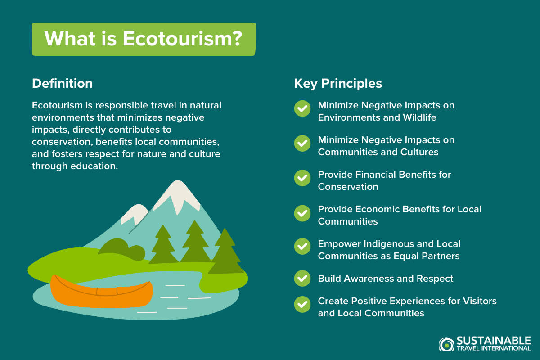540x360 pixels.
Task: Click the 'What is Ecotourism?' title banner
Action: [x=144, y=39]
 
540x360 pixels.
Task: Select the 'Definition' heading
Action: [x=62, y=83]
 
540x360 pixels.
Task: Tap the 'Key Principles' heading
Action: [x=338, y=83]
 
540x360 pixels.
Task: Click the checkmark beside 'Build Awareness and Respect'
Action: [x=302, y=279]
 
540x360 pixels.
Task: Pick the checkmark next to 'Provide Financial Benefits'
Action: [x=302, y=178]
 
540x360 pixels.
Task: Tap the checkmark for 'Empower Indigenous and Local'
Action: [x=302, y=247]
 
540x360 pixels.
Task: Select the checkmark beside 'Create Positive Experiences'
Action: [x=302, y=304]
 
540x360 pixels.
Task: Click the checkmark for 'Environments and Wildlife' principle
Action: [x=302, y=108]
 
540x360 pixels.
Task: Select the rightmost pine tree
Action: [x=225, y=252]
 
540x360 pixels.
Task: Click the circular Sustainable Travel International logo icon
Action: [x=446, y=344]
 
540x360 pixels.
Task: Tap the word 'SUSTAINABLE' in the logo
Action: [x=493, y=340]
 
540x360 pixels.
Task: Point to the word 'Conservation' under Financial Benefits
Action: [x=348, y=187]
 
